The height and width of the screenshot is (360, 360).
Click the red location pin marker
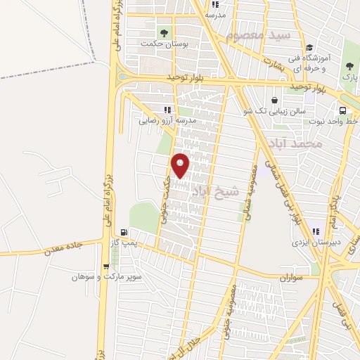[181, 165]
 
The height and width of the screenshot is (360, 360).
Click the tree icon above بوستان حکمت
[165, 32]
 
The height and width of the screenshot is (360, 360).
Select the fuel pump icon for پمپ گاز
[124, 232]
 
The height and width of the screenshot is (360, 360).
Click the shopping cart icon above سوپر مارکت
[105, 266]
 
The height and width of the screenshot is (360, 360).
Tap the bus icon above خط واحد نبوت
[342, 111]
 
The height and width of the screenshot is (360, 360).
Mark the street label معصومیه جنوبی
[229, 309]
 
